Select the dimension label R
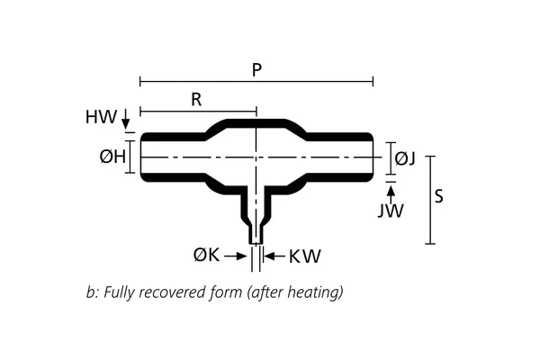click(x=196, y=100)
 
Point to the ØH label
click(x=111, y=157)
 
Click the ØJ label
click(x=405, y=158)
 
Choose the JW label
click(x=391, y=211)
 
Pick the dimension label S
click(x=438, y=197)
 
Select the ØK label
click(x=206, y=256)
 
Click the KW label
click(x=304, y=256)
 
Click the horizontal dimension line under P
click(x=256, y=82)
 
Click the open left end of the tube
click(x=141, y=158)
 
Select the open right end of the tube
click(x=373, y=158)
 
